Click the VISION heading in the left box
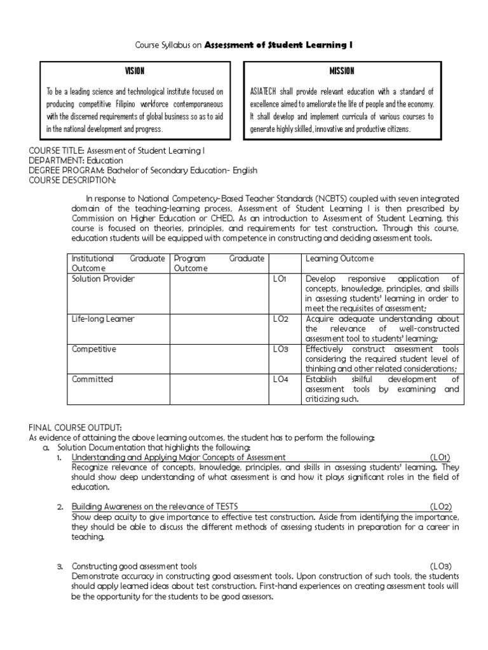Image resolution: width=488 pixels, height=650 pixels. click(x=135, y=70)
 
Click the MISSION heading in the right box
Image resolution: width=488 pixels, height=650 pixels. click(x=342, y=70)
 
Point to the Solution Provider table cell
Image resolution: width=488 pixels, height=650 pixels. click(x=103, y=279)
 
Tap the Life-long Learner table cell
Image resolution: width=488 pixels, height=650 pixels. click(x=103, y=319)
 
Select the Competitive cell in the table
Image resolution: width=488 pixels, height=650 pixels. click(x=93, y=349)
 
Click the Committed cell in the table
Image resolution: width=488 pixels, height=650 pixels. click(x=92, y=379)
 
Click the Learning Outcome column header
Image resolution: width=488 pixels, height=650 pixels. click(x=339, y=258)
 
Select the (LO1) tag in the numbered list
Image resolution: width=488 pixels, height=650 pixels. click(x=440, y=457)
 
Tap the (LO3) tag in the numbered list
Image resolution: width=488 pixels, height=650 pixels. click(x=440, y=566)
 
